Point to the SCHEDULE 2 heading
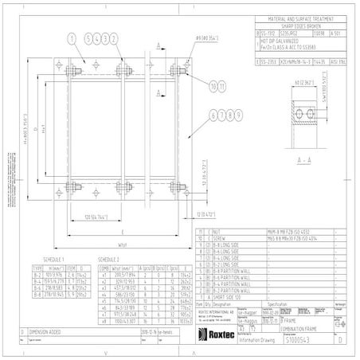(x=109, y=260)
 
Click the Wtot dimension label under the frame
(x=122, y=245)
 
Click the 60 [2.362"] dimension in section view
(x=303, y=81)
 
